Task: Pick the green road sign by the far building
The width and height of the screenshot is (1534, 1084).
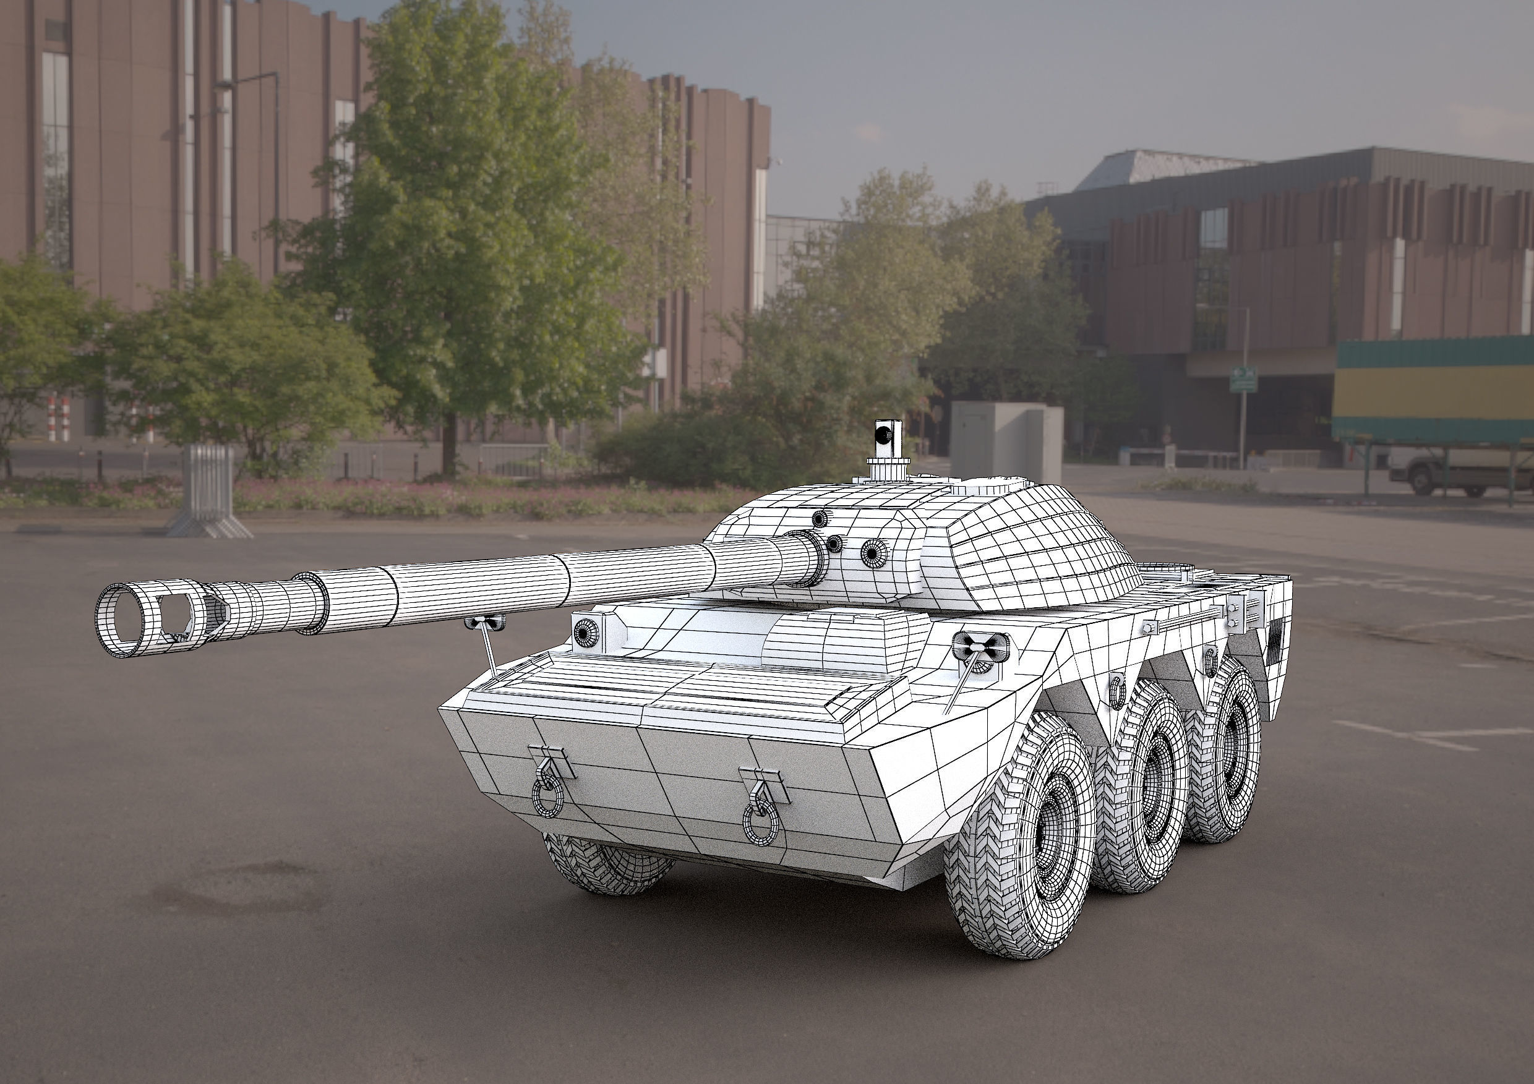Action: (x=1243, y=380)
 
